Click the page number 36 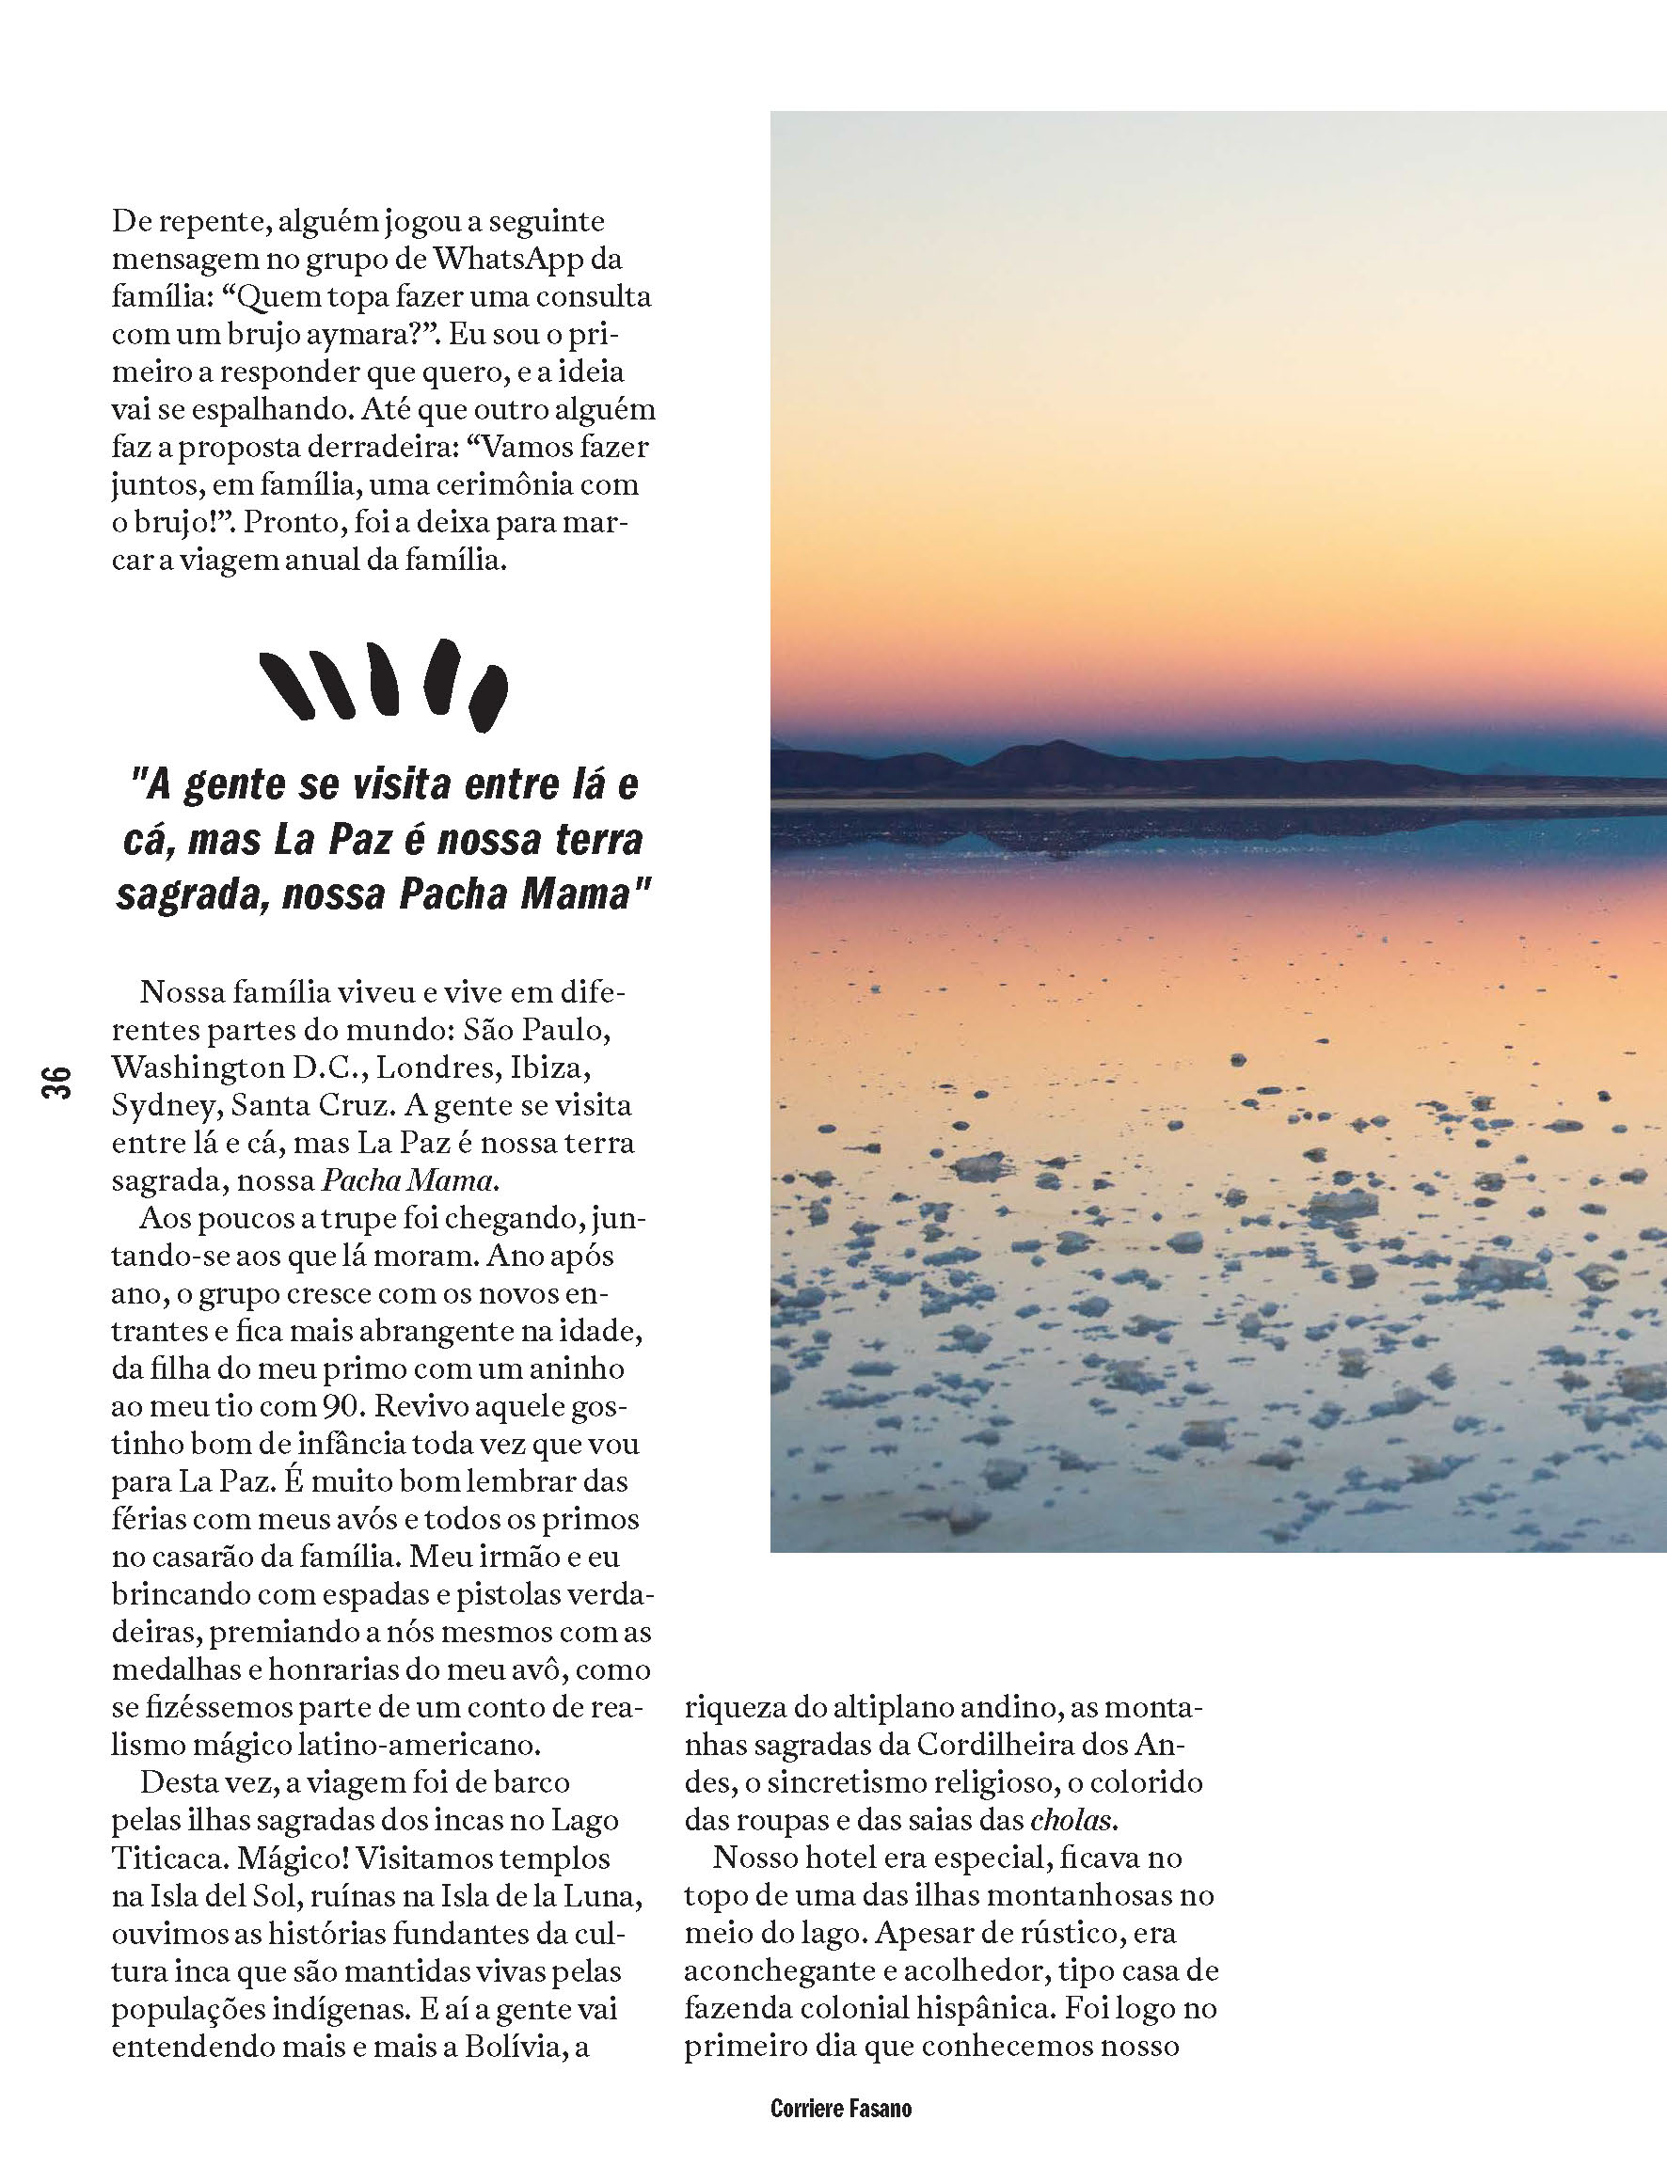tap(56, 1080)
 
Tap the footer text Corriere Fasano tap(840, 2108)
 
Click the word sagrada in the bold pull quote tap(195, 895)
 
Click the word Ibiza tap(550, 1068)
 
